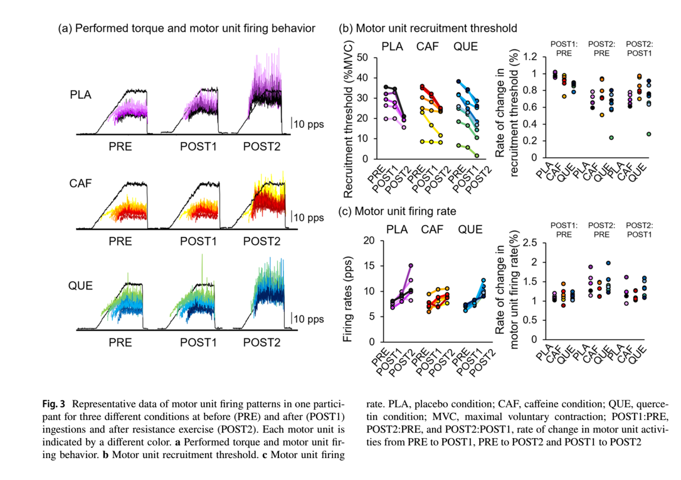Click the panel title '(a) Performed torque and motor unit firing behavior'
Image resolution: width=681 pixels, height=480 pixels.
186,28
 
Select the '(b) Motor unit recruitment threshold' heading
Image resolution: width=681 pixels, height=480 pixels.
428,28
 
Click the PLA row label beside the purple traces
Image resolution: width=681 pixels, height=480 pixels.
81,95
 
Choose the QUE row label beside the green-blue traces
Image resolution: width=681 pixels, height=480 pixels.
81,286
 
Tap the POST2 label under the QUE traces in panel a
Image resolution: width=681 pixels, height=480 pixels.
262,342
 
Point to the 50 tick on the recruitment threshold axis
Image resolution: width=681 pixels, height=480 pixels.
362,58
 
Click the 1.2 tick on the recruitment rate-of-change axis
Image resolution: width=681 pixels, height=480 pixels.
531,58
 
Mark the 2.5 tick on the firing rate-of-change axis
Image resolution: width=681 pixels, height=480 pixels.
531,243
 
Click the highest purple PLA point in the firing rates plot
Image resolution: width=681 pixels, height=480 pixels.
411,266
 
